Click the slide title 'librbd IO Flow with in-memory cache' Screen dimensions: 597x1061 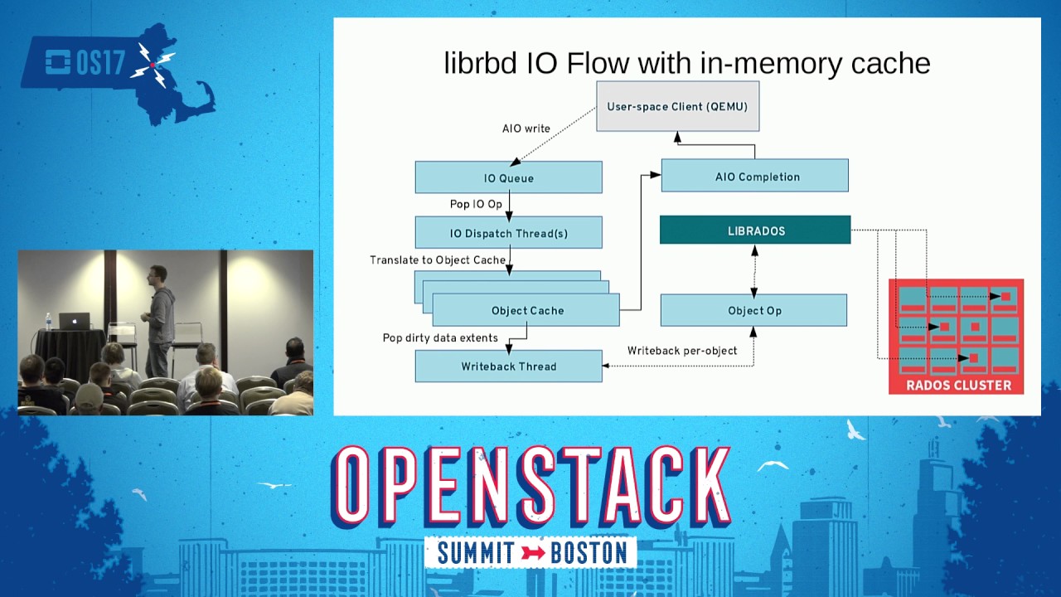(686, 63)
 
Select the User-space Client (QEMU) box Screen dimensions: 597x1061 (677, 106)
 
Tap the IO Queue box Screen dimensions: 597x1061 (508, 177)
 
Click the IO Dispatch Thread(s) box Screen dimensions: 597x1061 (508, 233)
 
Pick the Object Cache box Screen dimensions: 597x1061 (526, 311)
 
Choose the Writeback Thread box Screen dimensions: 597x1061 (508, 366)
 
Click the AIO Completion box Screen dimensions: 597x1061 (754, 176)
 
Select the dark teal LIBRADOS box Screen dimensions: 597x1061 (754, 231)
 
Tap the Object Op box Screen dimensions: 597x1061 (753, 310)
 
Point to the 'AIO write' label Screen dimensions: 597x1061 (526, 129)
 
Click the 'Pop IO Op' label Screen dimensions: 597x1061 (476, 204)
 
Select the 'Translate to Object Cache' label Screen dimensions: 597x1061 (437, 260)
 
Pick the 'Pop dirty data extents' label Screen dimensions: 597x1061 (440, 338)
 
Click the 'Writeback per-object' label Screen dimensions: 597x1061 (681, 351)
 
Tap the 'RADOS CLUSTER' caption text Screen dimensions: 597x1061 (957, 385)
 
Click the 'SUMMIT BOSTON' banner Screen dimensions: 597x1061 (530, 553)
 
